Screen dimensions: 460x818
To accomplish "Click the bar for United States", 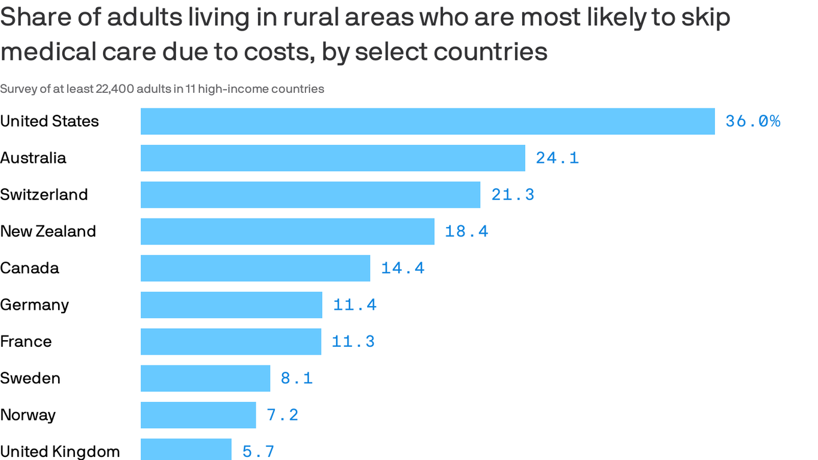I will (x=428, y=122).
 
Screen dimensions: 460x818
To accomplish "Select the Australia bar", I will (x=333, y=158).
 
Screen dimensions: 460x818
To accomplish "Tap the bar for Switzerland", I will (x=310, y=195).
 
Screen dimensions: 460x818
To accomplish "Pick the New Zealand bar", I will (x=287, y=231).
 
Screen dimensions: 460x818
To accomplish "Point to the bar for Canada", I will (x=255, y=268).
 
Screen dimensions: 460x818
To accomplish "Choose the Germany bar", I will (x=231, y=305).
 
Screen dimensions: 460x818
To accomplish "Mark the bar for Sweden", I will (x=205, y=379).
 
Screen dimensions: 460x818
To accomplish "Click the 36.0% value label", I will (x=753, y=122).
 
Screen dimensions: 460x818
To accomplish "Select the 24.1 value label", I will (x=557, y=158).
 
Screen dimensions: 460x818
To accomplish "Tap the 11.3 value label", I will (x=353, y=341).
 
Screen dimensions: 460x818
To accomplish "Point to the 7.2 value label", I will (x=282, y=415).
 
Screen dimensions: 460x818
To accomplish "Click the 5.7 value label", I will (x=258, y=451).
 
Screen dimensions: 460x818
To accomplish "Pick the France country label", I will (x=26, y=341).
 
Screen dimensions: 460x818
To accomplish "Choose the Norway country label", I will (x=28, y=415).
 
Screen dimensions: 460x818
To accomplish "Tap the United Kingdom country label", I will (x=60, y=451).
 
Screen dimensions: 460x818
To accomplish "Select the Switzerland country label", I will (x=44, y=195).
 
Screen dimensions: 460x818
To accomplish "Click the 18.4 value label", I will (x=466, y=231).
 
